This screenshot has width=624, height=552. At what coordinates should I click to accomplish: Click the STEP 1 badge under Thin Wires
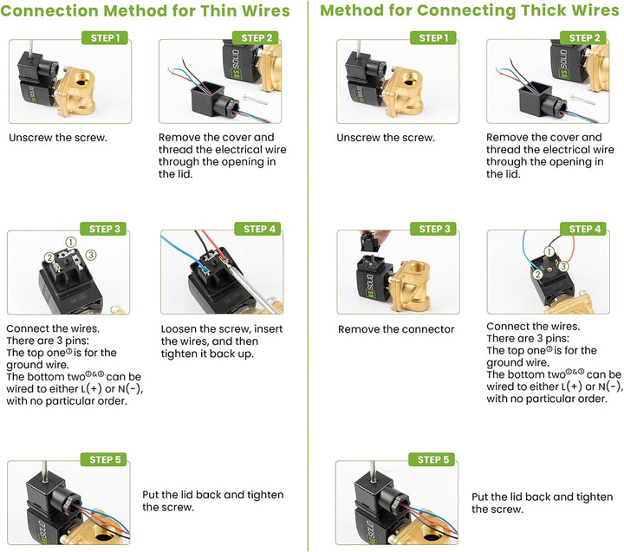pyautogui.click(x=105, y=38)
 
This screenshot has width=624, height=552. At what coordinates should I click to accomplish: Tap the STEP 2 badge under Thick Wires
pyautogui.click(x=582, y=38)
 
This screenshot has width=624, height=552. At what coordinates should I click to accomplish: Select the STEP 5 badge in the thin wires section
pyautogui.click(x=104, y=459)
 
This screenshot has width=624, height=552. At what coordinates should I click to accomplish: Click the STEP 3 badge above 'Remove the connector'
pyautogui.click(x=433, y=229)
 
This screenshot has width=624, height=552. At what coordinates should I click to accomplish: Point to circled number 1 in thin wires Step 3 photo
pyautogui.click(x=70, y=242)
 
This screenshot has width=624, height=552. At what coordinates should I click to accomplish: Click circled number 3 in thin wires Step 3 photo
pyautogui.click(x=91, y=254)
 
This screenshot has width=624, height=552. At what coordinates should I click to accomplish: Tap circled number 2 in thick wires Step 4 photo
pyautogui.click(x=537, y=274)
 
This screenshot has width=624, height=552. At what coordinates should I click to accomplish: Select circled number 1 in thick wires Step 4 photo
pyautogui.click(x=549, y=251)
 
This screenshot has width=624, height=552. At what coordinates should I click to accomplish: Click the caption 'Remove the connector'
pyautogui.click(x=396, y=329)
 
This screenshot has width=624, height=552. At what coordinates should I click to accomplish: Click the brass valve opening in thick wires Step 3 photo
pyautogui.click(x=418, y=271)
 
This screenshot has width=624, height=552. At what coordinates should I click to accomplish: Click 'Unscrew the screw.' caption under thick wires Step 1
pyautogui.click(x=386, y=138)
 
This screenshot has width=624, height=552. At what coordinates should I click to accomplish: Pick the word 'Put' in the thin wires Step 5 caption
pyautogui.click(x=151, y=495)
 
